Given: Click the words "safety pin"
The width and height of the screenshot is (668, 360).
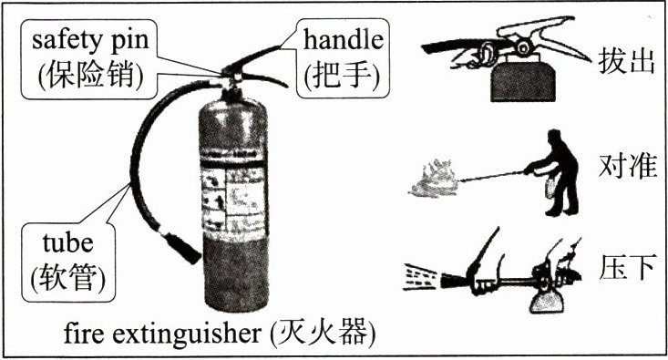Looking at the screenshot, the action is [x=90, y=41].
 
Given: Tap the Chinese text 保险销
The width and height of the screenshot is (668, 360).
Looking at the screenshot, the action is [x=91, y=75].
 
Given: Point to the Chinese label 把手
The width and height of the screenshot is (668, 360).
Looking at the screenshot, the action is [x=343, y=76].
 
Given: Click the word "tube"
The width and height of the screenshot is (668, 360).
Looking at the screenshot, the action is [x=67, y=242].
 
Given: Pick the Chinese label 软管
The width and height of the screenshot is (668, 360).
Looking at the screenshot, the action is [x=68, y=278].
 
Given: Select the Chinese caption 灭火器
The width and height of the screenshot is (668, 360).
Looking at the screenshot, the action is [x=323, y=333].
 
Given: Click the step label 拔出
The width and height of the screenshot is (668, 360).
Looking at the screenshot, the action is [x=626, y=61].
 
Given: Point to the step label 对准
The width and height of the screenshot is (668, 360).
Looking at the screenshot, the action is [x=627, y=165].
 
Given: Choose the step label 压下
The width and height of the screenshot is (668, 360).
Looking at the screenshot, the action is [x=626, y=267].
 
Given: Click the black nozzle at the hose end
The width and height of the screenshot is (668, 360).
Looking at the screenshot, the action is [x=181, y=248].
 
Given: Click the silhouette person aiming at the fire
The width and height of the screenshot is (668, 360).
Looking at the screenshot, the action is [x=553, y=172].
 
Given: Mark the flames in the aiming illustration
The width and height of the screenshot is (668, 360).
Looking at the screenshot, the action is [x=433, y=178].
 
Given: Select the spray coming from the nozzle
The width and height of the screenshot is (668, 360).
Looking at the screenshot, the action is [x=421, y=277].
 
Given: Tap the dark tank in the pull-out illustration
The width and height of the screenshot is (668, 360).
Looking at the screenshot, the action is [x=523, y=84].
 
